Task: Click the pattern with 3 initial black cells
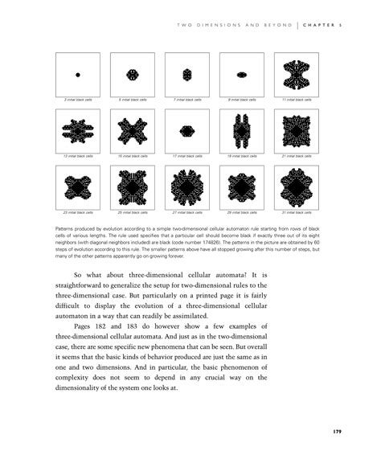(x=78, y=75)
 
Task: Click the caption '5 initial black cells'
(x=133, y=99)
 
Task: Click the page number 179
(x=338, y=432)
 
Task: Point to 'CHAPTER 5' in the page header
(x=325, y=24)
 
